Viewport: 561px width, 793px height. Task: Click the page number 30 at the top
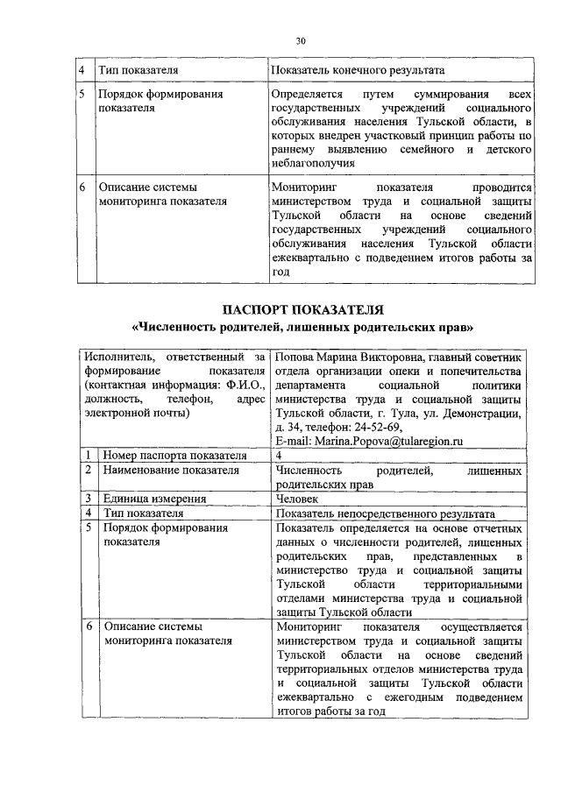[x=301, y=40]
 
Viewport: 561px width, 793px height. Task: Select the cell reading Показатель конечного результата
[x=358, y=69]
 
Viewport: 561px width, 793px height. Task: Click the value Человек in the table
[x=299, y=499]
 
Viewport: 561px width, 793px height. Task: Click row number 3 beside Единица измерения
[x=89, y=499]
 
